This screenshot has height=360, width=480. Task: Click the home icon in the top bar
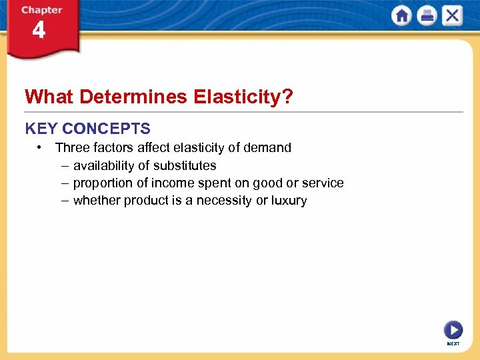402,16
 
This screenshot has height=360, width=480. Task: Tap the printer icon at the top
427,16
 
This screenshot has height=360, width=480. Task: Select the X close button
452,16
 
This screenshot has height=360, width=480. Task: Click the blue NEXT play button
453,330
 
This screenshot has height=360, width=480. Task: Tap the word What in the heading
49,97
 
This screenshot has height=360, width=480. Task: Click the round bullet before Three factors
41,147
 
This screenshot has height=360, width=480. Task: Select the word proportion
101,183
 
